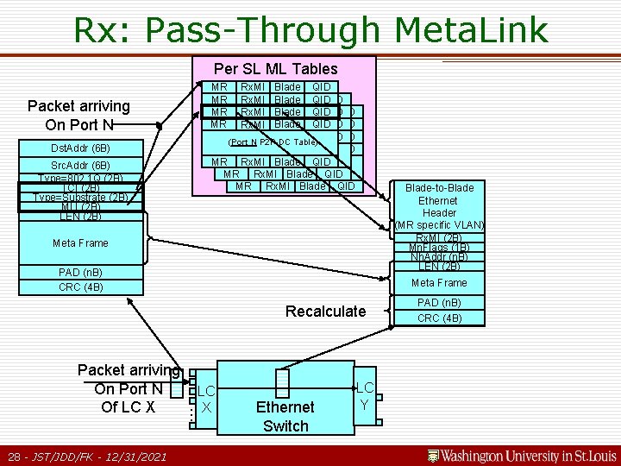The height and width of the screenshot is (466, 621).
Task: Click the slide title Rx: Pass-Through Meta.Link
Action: pos(310,29)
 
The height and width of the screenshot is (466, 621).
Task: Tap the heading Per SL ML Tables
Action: pos(276,68)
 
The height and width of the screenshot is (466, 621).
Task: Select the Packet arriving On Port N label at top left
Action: pos(78,115)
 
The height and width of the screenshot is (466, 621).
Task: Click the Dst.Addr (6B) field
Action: pos(80,148)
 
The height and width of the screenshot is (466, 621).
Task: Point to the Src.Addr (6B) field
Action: pos(80,165)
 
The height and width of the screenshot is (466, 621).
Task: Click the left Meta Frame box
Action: pos(80,242)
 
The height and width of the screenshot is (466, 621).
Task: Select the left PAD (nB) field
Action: pos(80,273)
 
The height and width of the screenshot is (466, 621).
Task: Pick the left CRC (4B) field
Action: pos(80,287)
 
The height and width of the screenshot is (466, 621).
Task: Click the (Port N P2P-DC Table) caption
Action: pos(273,142)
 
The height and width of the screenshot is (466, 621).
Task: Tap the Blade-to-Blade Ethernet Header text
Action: pos(439,200)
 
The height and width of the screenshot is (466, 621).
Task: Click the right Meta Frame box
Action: pos(439,282)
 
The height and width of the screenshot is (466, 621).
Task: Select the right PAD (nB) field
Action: pos(439,303)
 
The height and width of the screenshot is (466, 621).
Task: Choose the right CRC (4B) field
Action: pos(439,318)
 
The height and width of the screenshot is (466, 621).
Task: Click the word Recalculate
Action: pos(325,311)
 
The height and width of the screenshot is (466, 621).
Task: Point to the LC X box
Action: pos(206,398)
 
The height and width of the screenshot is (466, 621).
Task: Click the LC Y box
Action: pos(365,397)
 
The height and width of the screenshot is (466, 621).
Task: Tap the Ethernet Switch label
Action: pos(285,416)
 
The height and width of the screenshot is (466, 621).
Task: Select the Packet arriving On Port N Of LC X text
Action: pos(128,388)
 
